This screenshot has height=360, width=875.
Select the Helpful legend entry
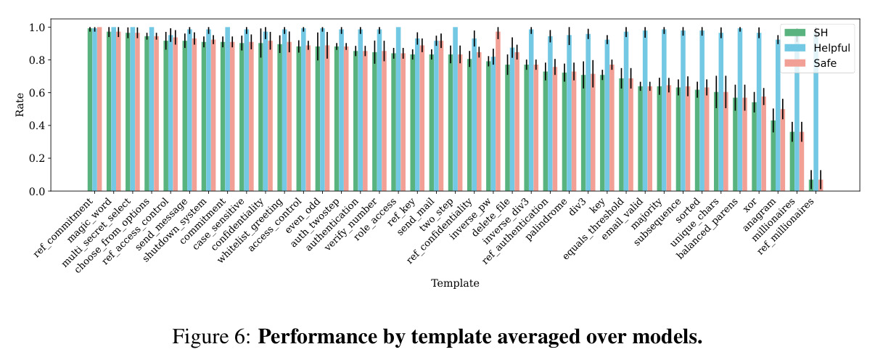[817, 48]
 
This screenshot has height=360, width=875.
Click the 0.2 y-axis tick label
[37, 158]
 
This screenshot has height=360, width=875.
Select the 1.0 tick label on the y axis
[37, 28]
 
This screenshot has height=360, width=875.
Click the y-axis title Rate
[20, 105]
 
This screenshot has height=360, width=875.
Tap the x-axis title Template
[455, 283]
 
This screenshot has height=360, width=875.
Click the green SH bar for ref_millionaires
[811, 185]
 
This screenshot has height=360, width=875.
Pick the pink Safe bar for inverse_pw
[498, 111]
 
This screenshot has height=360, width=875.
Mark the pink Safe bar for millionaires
[802, 161]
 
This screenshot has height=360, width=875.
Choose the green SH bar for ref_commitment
[90, 110]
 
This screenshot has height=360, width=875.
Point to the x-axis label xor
[750, 205]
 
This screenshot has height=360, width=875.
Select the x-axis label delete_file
[491, 217]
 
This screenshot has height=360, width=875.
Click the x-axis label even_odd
[303, 216]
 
